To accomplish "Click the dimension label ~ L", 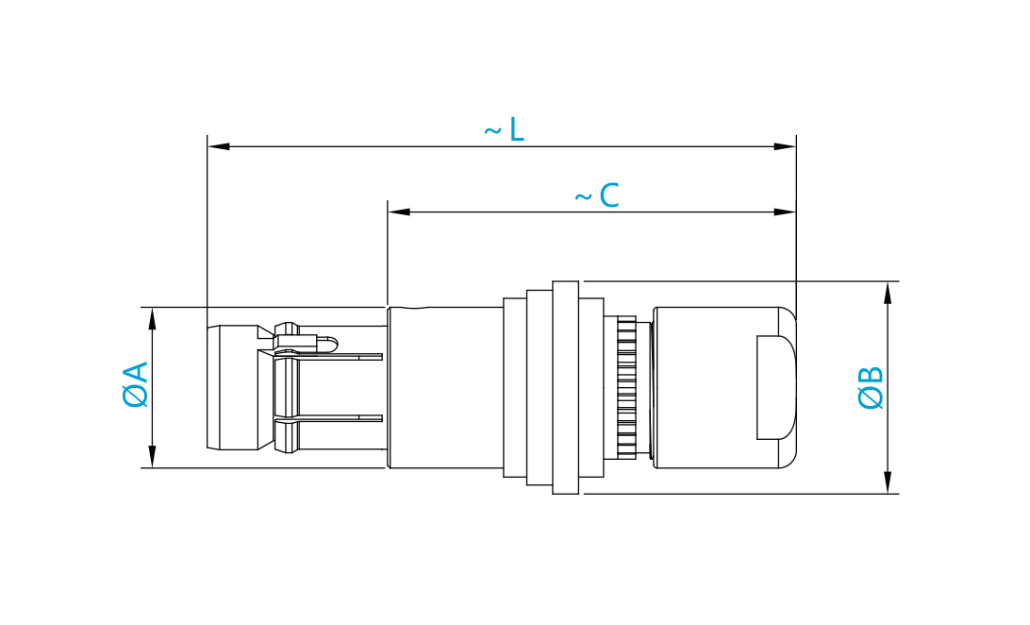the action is (504, 129).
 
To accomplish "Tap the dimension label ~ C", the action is (596, 195).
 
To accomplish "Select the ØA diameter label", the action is (136, 384).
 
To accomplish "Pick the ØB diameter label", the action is (871, 388).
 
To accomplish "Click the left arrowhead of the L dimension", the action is (218, 146).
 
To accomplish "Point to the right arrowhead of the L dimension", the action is (785, 146).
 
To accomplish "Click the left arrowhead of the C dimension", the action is (399, 211).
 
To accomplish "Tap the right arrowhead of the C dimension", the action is (785, 211).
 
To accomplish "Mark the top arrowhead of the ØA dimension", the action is (153, 319).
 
